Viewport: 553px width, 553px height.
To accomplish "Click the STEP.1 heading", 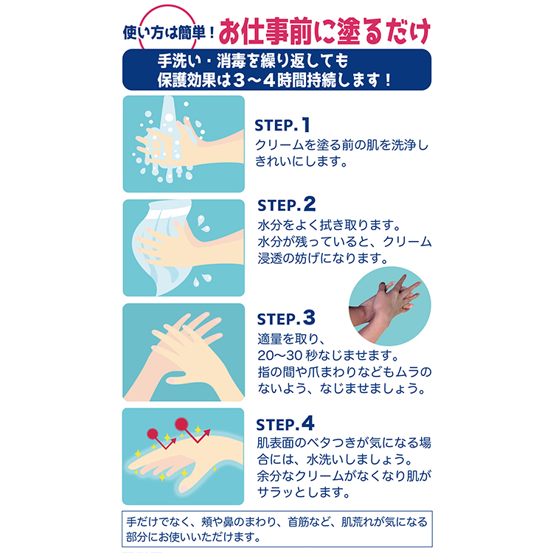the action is point(282,125).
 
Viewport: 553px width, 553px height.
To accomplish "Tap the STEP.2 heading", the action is point(286,204).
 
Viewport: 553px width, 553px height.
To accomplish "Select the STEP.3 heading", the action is point(286,318).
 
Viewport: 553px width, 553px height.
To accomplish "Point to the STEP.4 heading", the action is point(285,424).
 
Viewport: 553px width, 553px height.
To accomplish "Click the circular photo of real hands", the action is point(390,306).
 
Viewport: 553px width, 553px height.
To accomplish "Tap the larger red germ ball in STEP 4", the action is point(181,424).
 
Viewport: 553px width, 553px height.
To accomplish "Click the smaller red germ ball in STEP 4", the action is point(153,434).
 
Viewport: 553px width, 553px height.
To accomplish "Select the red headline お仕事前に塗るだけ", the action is point(324,32).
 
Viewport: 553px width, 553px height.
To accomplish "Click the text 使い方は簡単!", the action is point(169,32).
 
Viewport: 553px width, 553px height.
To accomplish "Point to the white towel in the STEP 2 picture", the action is point(159,247).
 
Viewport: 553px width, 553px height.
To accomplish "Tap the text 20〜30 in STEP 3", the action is point(280,355).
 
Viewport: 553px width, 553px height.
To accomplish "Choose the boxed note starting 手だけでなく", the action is point(276,529).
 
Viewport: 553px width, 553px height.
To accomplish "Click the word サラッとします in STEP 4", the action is point(303,492).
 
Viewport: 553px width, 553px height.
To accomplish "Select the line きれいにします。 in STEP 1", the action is point(301,161).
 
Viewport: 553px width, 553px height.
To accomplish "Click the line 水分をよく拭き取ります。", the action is point(329,225).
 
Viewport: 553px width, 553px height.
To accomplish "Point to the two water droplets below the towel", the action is point(202,279).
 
